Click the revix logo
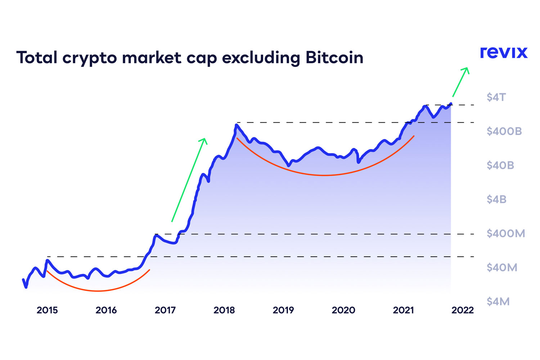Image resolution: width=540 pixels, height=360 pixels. [x=504, y=53]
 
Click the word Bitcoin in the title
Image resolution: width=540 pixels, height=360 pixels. [x=334, y=58]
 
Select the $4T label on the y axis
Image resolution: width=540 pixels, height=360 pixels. [x=496, y=97]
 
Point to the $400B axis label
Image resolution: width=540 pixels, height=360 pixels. [x=504, y=131]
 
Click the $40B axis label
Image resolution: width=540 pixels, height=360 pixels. [x=500, y=166]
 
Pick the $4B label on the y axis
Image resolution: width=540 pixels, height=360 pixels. [x=496, y=199]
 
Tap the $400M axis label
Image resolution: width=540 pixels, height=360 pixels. [x=505, y=234]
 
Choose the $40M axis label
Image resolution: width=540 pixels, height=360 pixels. [x=502, y=267]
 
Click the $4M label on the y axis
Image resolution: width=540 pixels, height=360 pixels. [x=498, y=302]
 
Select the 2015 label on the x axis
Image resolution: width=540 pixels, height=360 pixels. [x=47, y=310]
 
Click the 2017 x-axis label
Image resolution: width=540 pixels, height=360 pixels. [x=165, y=310]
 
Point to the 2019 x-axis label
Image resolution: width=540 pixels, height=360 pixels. [x=283, y=310]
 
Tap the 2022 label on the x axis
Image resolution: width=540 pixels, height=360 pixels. [x=463, y=310]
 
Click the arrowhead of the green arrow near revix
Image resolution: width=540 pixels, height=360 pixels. [x=467, y=69]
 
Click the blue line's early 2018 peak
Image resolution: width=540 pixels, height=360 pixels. [x=236, y=125]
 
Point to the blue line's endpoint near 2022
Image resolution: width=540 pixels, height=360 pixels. [x=451, y=104]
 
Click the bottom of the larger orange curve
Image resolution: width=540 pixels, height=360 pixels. [x=324, y=175]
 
